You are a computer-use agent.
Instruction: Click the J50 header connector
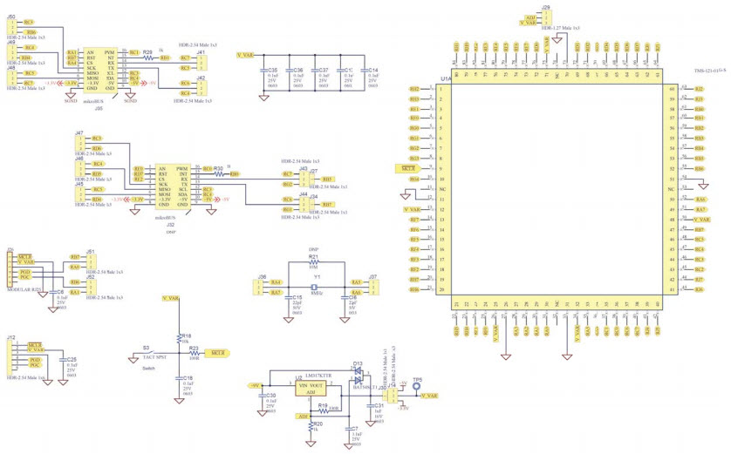(11, 26)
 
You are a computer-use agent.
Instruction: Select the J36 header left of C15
(260, 288)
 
